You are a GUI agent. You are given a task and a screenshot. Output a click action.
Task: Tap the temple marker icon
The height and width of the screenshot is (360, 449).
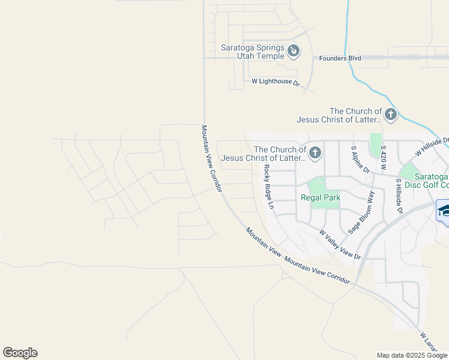coord(294,52)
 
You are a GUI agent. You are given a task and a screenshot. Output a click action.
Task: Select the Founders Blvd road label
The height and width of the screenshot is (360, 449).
coord(340,58)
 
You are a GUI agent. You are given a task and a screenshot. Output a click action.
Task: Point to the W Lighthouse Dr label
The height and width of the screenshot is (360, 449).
coord(275,81)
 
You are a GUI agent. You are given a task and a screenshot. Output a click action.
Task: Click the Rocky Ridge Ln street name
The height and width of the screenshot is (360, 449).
coord(268,187)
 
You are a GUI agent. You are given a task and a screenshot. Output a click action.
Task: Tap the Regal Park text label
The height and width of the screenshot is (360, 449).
coord(321,197)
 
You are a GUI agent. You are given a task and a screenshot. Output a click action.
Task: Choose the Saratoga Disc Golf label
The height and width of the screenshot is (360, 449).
coord(423,181)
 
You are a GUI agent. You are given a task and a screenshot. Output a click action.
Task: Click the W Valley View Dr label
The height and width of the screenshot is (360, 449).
coord(339,244)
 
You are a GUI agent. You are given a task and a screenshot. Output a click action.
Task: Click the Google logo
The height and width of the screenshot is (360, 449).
coord(20,353)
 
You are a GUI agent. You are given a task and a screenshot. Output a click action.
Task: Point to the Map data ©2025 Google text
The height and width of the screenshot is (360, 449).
coord(412,355)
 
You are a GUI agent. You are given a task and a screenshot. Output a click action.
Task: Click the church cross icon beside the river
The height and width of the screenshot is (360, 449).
coord(391,115)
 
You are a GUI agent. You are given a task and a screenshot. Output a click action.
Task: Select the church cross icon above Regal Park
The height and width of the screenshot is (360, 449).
coord(315,154)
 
